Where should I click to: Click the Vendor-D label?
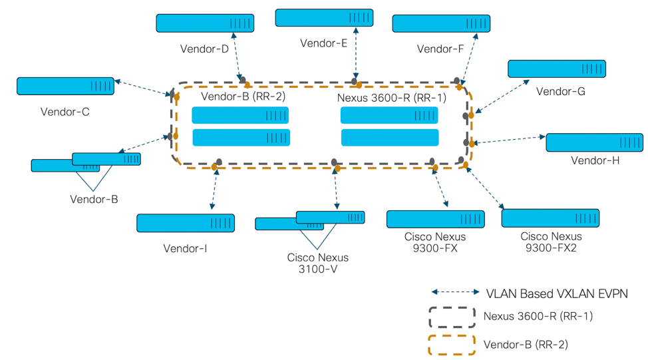pos(204,49)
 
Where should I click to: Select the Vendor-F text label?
pos(440,49)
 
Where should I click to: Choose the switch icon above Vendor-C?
pos(65,86)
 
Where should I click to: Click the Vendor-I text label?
pos(185,248)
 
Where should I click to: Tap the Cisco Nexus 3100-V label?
pos(317,263)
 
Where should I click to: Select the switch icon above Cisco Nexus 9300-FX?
pos(435,219)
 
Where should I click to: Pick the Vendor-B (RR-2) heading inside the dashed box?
pos(243,97)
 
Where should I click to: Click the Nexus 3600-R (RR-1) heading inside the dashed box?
pos(392,97)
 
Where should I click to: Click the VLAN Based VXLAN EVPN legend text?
pos(557,293)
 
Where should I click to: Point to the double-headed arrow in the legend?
pos(455,292)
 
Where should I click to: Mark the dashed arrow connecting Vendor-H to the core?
pos(508,140)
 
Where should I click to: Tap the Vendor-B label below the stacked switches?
pos(94,198)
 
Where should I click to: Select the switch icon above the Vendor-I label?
pos(185,223)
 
